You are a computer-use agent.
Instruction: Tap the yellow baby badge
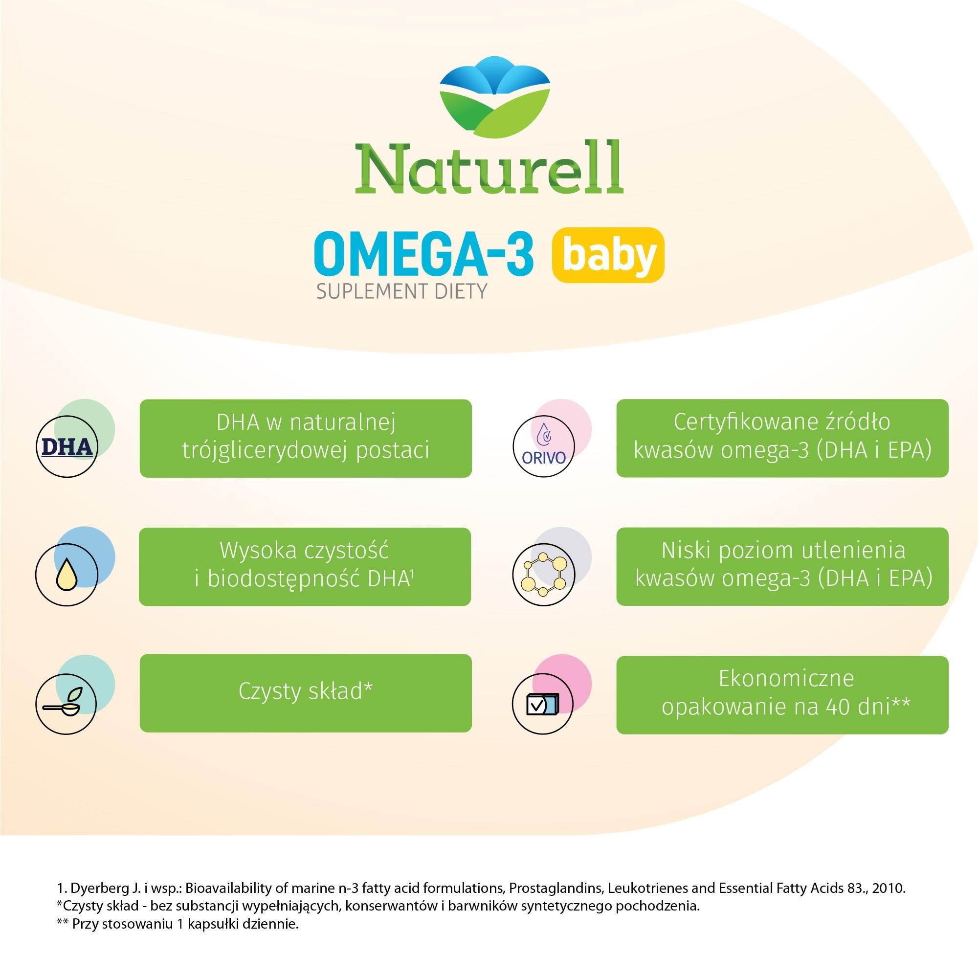point(608,255)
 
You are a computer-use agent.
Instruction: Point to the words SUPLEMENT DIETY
point(401,291)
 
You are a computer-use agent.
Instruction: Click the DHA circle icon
point(67,447)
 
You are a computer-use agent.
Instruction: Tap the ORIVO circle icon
point(544,447)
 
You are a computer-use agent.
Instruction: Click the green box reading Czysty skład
point(305,693)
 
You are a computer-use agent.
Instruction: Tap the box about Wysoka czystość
point(305,566)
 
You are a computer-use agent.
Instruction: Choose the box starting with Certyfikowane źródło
point(782,438)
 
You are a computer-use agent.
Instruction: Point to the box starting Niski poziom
point(782,566)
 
